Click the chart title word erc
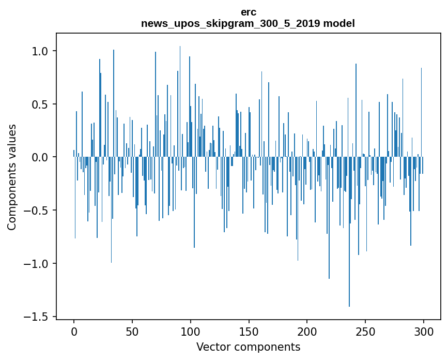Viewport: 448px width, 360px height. click(248, 12)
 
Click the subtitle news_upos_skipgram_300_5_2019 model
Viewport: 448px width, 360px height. click(248, 23)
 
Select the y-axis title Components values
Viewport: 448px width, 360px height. click(12, 177)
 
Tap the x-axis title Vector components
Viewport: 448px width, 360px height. click(248, 347)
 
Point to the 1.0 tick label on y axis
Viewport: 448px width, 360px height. click(40, 51)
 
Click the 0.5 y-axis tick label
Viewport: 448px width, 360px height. click(40, 104)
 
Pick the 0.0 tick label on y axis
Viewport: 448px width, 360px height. click(40, 157)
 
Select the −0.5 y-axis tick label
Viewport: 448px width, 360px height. click(37, 211)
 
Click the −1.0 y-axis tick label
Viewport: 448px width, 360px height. click(37, 264)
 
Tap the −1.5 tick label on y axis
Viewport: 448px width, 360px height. click(37, 317)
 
